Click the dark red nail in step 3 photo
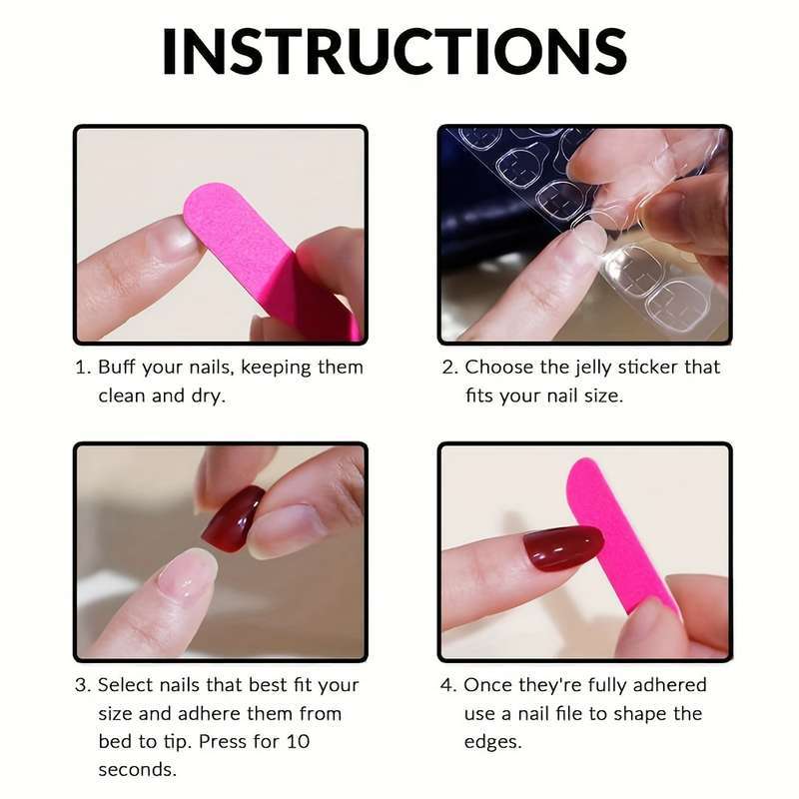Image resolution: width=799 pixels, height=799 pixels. pos(233,518)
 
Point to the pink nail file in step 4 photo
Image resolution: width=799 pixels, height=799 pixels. pos(616,539)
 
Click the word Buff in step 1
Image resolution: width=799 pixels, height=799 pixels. pos(117,367)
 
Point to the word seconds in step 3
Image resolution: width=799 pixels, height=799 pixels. pos(137,769)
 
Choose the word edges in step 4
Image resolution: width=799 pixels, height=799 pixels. pos(491,741)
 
